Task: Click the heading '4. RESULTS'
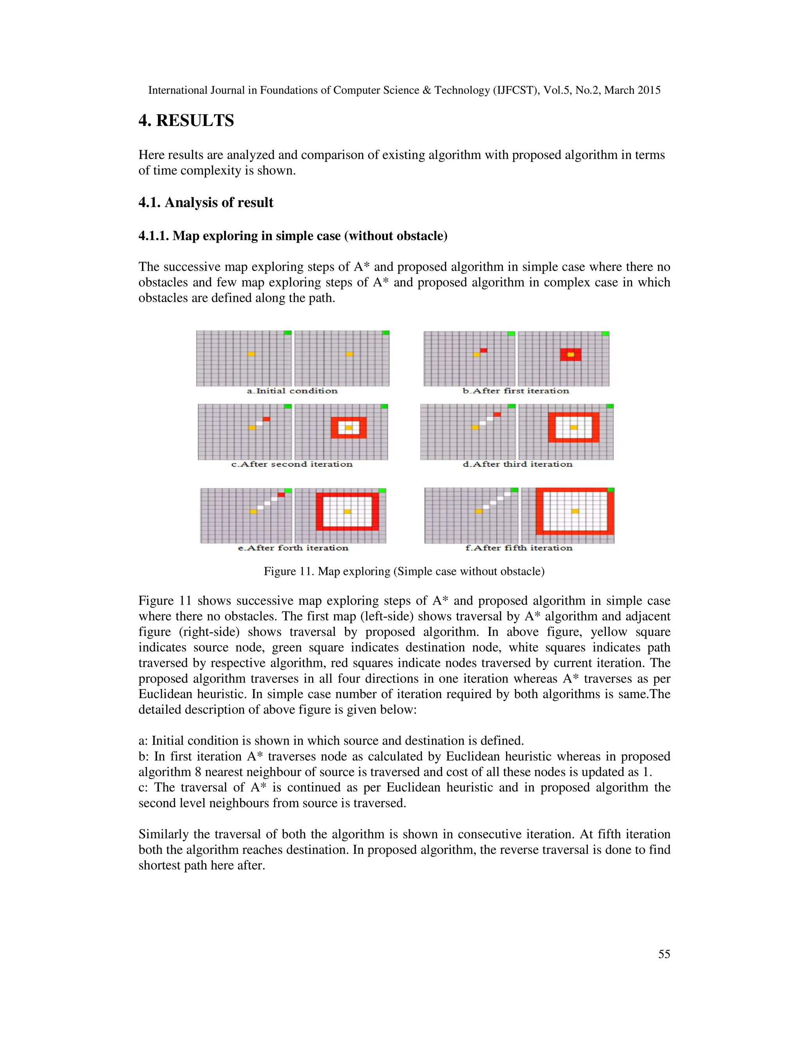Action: [x=186, y=121]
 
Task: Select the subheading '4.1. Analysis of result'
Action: [x=205, y=203]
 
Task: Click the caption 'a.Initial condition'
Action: [x=292, y=391]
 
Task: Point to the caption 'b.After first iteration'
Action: [x=515, y=391]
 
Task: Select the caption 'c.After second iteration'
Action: [x=292, y=464]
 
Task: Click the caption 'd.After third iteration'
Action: [x=517, y=464]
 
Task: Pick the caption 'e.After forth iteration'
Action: [x=293, y=548]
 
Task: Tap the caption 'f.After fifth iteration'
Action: [x=519, y=548]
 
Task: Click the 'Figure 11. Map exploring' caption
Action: [x=404, y=571]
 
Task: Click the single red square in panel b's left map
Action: [x=483, y=350]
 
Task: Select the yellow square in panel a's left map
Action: [x=251, y=354]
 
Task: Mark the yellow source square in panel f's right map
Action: [x=575, y=511]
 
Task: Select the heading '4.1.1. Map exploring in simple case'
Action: [x=293, y=236]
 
